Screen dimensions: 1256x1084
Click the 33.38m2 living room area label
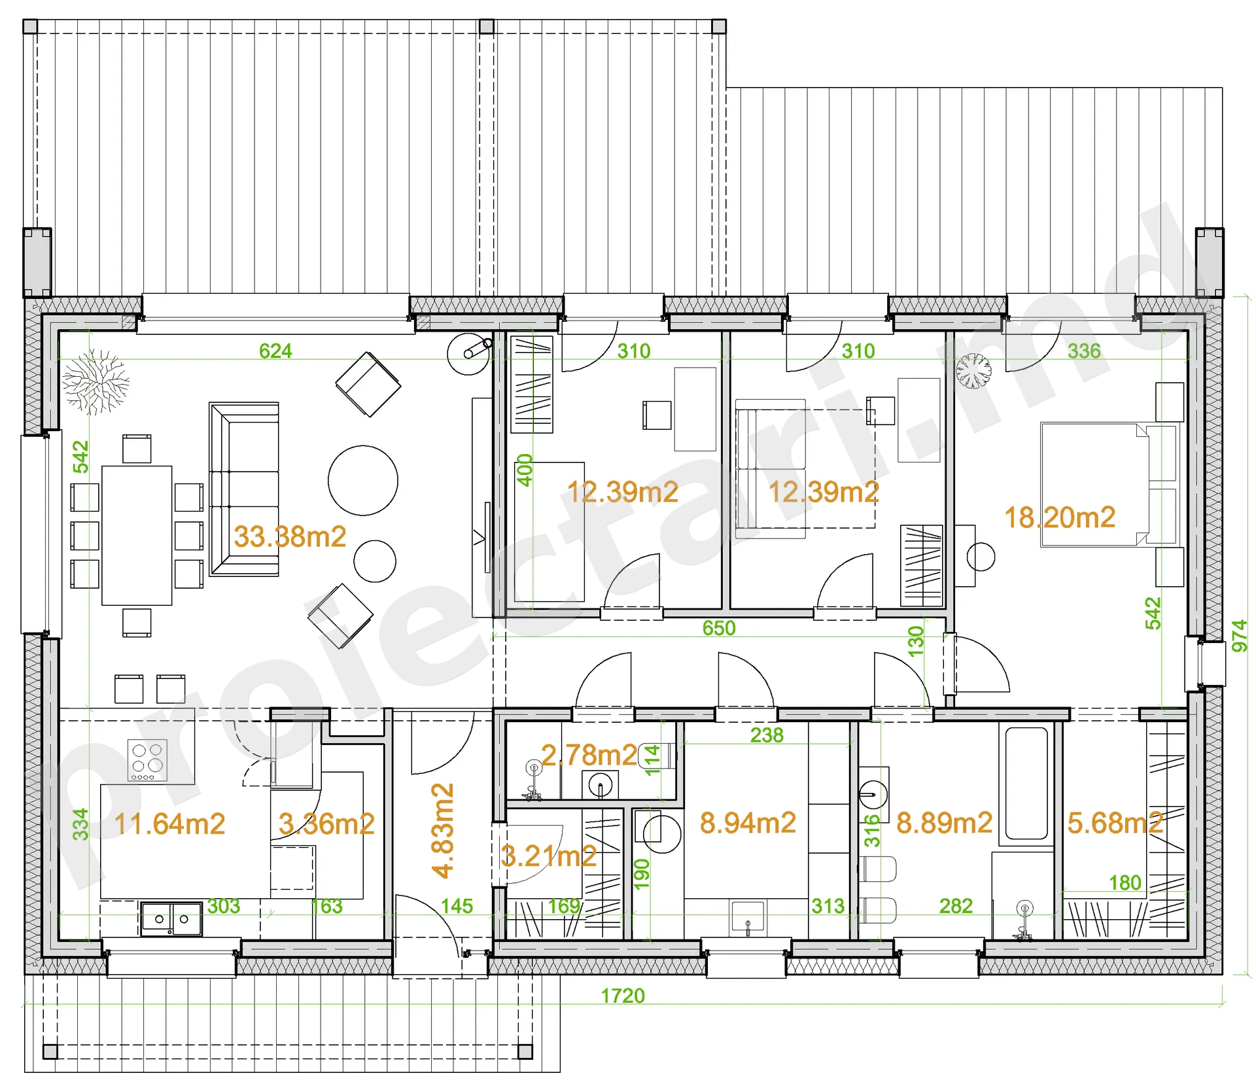click(290, 537)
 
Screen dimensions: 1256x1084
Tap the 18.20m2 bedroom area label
click(1060, 518)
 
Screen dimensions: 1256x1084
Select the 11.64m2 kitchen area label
click(170, 824)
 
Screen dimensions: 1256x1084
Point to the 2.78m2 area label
click(589, 756)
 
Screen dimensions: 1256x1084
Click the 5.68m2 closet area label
click(1115, 824)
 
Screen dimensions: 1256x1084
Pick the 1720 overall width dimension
click(623, 996)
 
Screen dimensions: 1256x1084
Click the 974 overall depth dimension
click(1240, 636)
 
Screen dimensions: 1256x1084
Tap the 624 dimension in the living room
click(275, 351)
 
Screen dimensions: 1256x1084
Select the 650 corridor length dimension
click(719, 629)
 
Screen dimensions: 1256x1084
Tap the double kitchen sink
click(171, 919)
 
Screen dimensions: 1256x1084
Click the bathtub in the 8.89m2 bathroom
click(1026, 783)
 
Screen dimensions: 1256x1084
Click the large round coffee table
click(363, 481)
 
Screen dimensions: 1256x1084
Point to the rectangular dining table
click(137, 535)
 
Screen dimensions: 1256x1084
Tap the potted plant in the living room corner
click(96, 383)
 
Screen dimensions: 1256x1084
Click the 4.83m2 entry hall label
click(443, 831)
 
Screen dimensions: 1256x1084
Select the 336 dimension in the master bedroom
click(1085, 351)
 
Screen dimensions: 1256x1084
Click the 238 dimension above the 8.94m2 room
click(767, 735)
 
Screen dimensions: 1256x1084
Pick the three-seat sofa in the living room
click(244, 489)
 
